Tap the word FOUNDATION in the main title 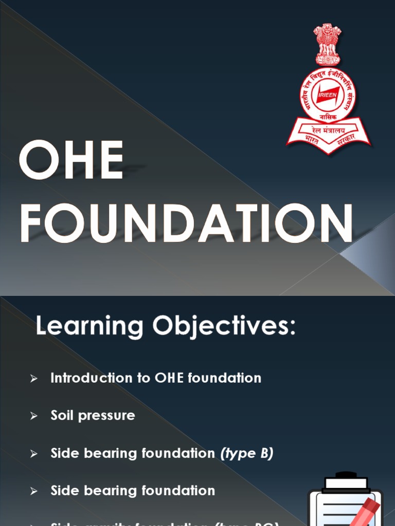pos(186,223)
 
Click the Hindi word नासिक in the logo pos(328,118)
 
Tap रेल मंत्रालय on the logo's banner pos(328,131)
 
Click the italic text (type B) pos(246,454)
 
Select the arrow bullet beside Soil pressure pos(34,416)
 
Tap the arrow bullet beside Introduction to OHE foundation pos(34,379)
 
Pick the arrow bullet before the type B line pos(34,454)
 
